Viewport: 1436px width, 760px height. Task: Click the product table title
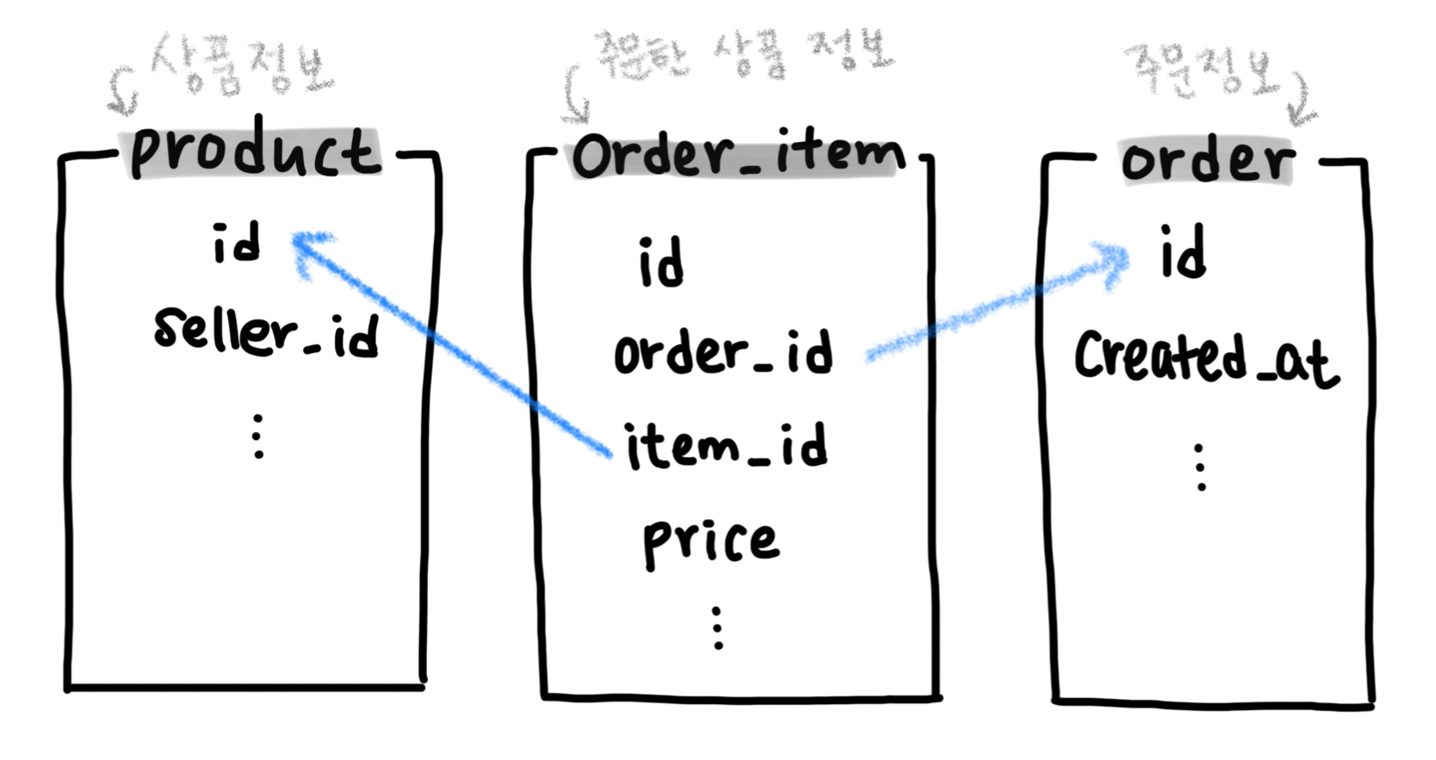click(x=254, y=153)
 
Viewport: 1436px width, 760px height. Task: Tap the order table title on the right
click(x=1206, y=160)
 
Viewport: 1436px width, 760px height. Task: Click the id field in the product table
click(x=236, y=244)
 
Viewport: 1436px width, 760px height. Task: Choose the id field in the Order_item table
click(x=661, y=263)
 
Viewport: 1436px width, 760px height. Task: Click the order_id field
click(x=723, y=352)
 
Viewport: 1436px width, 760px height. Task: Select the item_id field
click(x=726, y=446)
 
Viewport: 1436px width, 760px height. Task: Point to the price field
click(x=710, y=541)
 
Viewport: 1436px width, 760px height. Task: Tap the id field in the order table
click(x=1183, y=252)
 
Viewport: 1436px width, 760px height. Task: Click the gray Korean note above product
click(x=241, y=65)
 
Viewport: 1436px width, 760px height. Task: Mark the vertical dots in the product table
click(x=257, y=436)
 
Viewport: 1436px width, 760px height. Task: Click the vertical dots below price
click(x=717, y=627)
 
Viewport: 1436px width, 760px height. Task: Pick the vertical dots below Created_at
click(x=1200, y=467)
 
